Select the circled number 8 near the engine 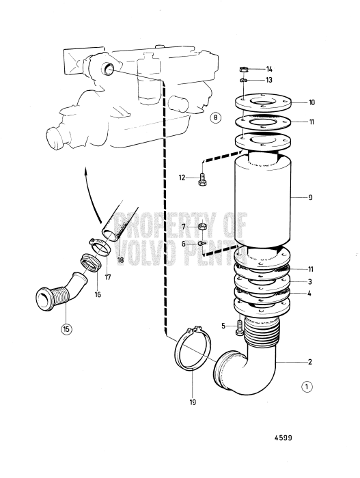click(215, 117)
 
